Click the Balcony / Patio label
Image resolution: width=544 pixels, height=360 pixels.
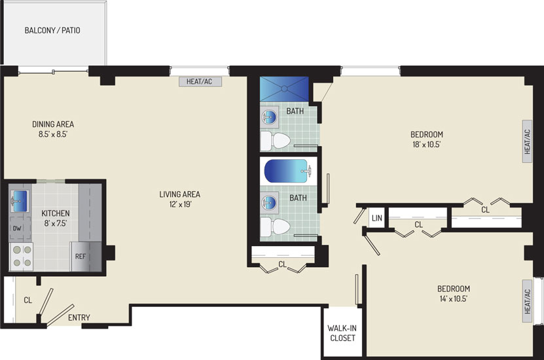[52, 31]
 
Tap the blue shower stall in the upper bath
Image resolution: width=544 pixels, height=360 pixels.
[284, 89]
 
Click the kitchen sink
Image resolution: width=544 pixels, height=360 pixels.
[20, 201]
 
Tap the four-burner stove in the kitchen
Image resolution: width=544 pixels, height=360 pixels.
[22, 257]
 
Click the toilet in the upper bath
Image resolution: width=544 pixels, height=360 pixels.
[275, 141]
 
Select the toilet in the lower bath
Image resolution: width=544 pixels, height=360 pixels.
[275, 227]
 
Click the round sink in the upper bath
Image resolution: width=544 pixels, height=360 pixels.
[270, 117]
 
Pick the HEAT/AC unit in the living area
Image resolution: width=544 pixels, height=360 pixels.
[200, 82]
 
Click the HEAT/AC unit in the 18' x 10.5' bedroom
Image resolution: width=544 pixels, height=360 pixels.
[528, 141]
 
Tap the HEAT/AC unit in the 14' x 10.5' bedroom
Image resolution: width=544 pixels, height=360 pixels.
[528, 301]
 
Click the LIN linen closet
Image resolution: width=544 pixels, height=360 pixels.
[377, 218]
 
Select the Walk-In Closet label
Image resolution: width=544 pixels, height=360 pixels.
[342, 333]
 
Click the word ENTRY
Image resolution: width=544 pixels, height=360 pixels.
[79, 317]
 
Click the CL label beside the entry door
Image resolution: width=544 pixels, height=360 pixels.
[28, 300]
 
